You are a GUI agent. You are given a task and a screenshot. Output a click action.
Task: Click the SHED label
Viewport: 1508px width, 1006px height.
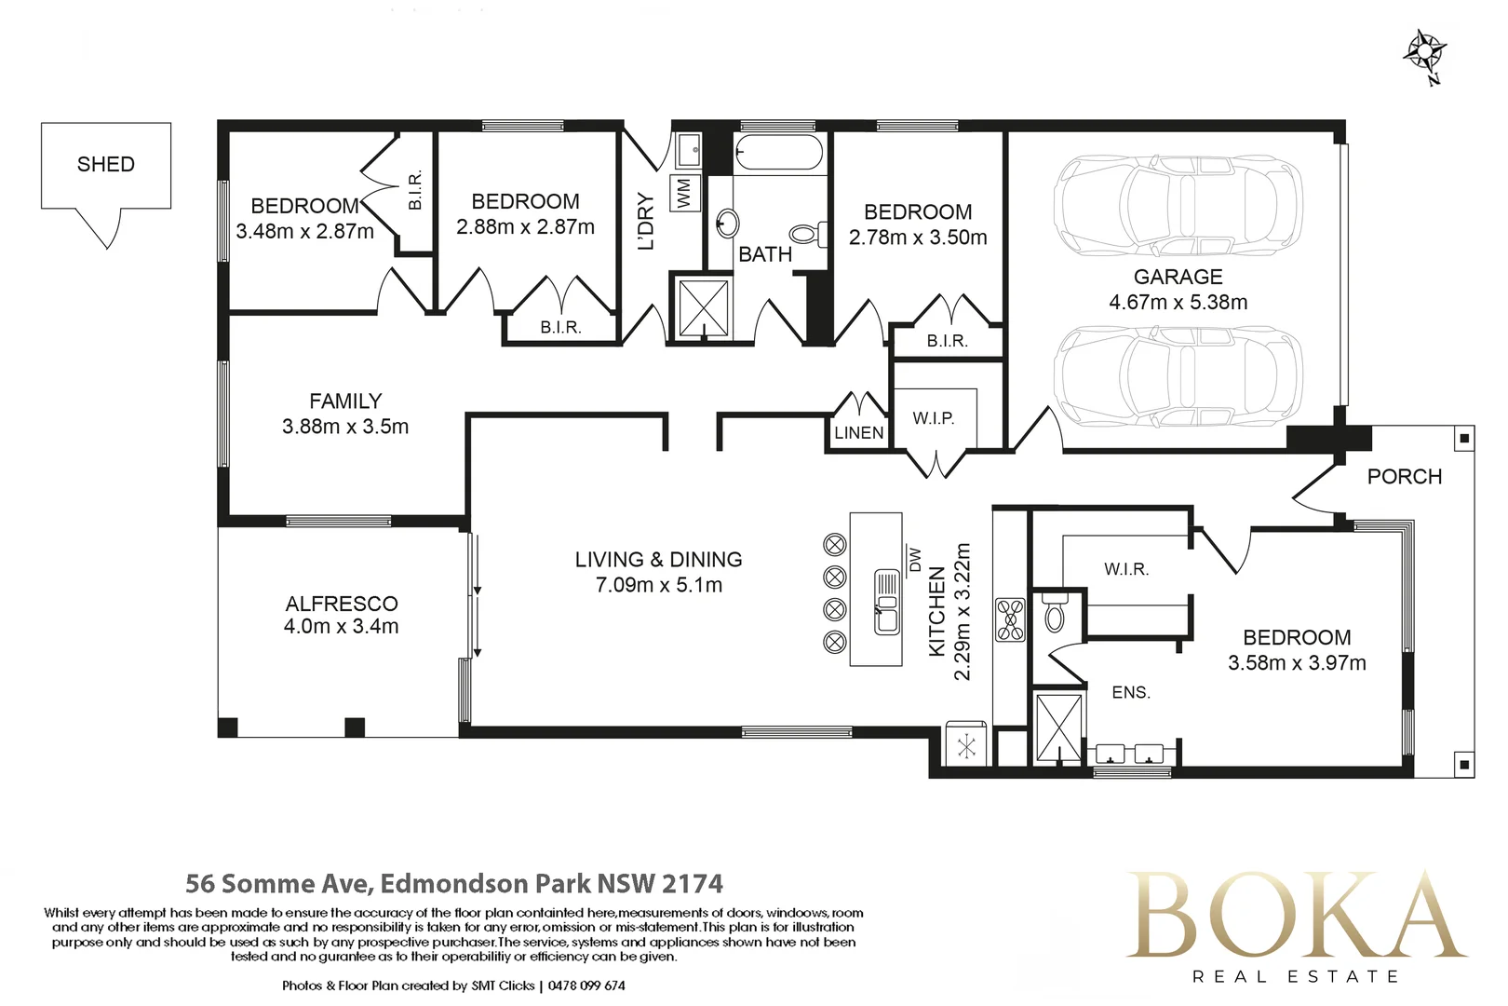click(106, 164)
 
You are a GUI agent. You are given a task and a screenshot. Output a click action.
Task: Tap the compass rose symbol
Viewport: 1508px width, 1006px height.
click(1425, 54)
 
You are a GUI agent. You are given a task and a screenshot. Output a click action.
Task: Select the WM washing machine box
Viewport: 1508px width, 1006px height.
click(685, 194)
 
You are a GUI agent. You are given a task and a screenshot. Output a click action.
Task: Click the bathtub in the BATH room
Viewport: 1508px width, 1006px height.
click(778, 152)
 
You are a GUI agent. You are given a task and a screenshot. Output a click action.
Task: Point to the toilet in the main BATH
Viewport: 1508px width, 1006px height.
click(807, 234)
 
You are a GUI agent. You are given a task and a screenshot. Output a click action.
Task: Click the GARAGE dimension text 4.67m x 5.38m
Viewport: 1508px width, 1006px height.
click(1178, 302)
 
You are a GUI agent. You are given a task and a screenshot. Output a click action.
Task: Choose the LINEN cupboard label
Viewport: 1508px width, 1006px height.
click(858, 432)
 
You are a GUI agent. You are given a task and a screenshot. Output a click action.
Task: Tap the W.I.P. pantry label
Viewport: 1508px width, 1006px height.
click(933, 418)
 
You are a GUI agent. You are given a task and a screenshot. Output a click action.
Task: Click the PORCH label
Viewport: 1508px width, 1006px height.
click(1405, 477)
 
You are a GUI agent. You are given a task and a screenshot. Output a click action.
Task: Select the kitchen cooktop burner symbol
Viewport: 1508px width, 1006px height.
click(1010, 619)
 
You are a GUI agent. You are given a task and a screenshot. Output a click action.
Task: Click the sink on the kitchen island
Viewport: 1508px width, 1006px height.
click(886, 602)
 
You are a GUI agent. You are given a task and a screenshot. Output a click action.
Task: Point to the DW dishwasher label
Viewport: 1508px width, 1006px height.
click(913, 559)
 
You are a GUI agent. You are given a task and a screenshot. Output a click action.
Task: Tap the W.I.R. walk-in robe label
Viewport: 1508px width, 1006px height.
click(1126, 569)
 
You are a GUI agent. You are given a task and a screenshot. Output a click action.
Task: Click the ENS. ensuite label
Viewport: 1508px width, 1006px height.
click(1131, 692)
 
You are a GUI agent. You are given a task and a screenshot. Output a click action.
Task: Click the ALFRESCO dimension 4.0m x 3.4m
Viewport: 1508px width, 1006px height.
click(342, 627)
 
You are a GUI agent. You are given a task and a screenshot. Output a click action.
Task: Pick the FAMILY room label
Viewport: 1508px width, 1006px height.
click(345, 401)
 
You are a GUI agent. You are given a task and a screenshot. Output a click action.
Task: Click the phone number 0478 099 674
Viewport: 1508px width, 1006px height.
click(586, 986)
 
